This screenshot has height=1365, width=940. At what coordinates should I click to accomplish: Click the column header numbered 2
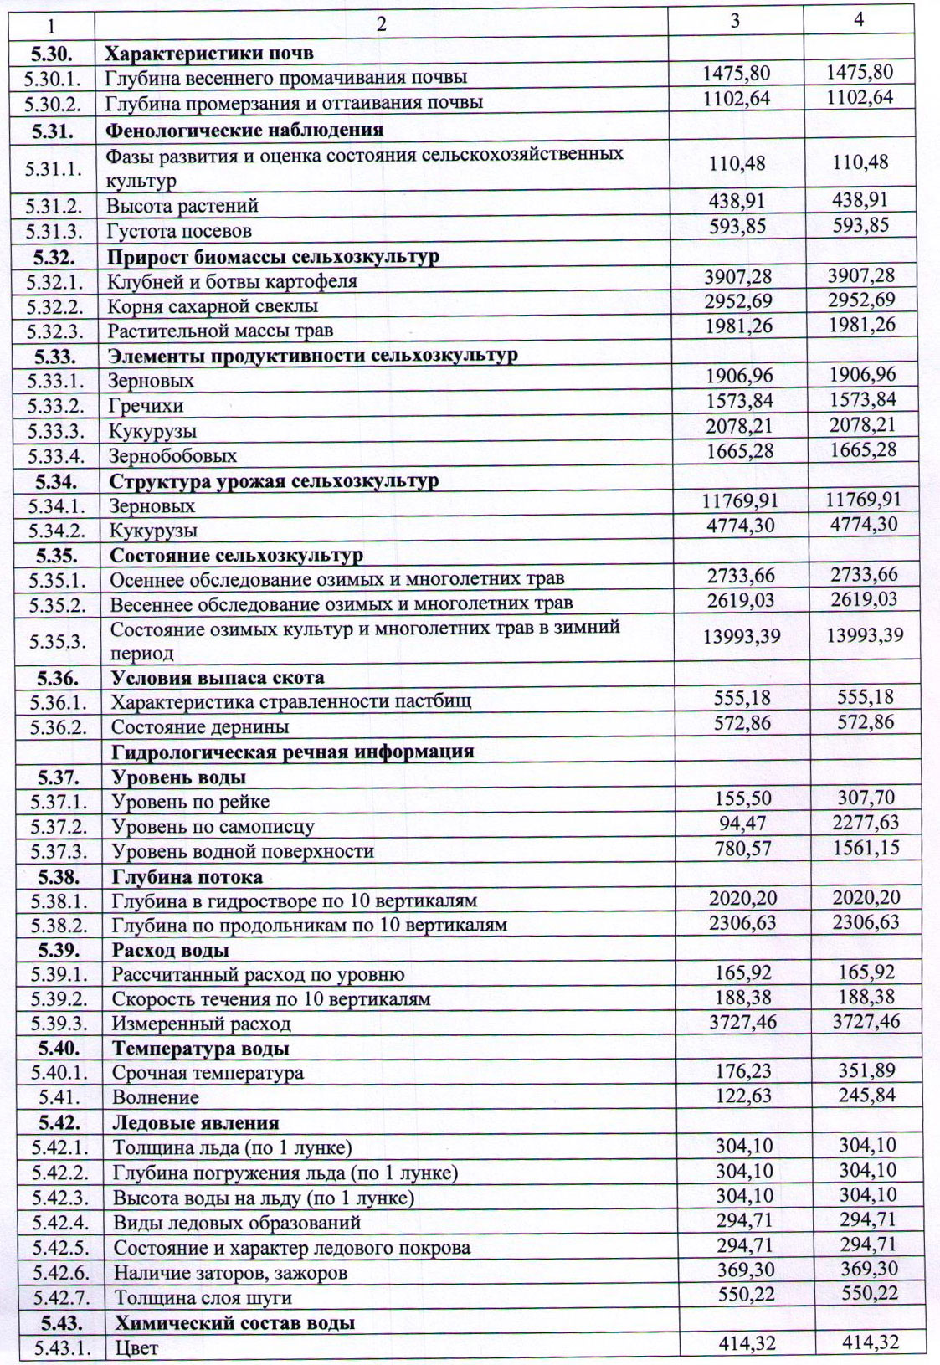tap(381, 24)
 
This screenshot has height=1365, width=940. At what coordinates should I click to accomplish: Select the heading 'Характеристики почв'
tap(209, 54)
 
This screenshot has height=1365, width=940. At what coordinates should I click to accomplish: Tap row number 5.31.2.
tap(54, 206)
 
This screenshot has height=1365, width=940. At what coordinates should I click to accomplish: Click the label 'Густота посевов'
tap(179, 231)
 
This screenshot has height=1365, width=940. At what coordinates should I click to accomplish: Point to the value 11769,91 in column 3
tap(739, 500)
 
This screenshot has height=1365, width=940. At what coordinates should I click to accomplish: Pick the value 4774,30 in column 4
tap(862, 525)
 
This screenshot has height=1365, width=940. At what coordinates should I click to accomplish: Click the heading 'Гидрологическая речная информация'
tap(293, 752)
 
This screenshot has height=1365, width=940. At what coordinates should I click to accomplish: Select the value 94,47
tap(742, 823)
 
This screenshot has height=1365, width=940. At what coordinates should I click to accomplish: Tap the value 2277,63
tap(866, 823)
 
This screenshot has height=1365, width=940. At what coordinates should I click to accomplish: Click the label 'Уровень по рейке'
tap(191, 802)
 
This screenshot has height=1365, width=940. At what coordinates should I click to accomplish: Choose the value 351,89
tap(866, 1070)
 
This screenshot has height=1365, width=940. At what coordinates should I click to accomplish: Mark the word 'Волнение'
tap(156, 1097)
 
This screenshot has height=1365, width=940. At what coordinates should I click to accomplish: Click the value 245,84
tap(866, 1095)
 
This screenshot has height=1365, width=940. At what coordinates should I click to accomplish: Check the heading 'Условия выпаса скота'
tap(218, 677)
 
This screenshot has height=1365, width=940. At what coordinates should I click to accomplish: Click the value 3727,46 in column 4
tap(866, 1021)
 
